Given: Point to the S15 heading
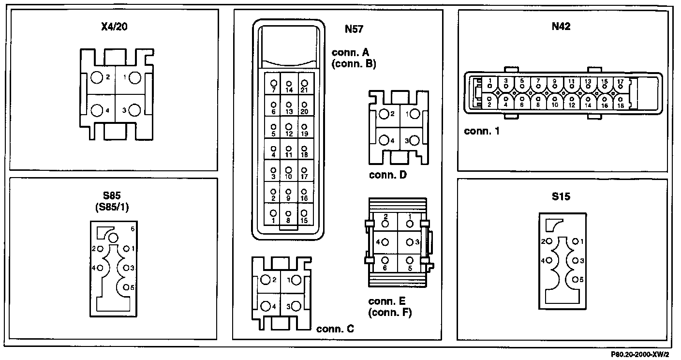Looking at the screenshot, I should tap(561, 196).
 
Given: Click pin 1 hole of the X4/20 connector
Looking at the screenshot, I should tap(134, 77).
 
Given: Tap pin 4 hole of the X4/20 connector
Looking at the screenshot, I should tap(97, 110).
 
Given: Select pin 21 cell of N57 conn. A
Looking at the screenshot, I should tap(304, 86).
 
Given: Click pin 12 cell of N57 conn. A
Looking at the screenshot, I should tap(289, 129).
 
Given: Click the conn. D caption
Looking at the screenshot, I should tap(387, 175).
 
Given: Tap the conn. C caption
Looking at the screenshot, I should tap(335, 330).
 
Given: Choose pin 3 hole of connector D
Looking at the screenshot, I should tap(415, 141).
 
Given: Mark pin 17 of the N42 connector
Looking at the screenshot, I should tap(620, 84).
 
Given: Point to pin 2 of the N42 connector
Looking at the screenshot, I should tap(489, 102).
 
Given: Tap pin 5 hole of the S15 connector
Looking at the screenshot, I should tap(575, 279).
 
